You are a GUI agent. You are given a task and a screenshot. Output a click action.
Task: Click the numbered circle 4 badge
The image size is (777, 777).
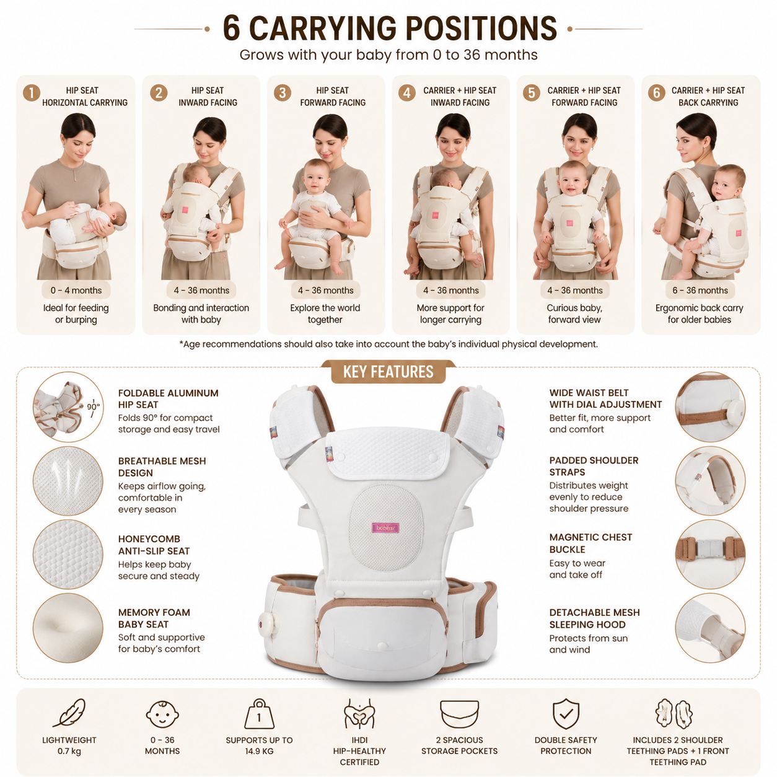pyautogui.click(x=406, y=93)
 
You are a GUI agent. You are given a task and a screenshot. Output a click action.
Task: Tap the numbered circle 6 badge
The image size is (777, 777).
pyautogui.click(x=656, y=93)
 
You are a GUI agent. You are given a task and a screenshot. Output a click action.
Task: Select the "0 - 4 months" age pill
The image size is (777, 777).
pyautogui.click(x=76, y=290)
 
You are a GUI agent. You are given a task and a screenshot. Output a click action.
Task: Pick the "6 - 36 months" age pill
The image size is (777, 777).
pyautogui.click(x=700, y=290)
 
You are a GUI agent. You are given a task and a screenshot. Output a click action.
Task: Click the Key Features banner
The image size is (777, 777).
pyautogui.click(x=388, y=371)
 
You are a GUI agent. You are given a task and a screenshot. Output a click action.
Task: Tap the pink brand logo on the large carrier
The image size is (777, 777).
pyautogui.click(x=385, y=527)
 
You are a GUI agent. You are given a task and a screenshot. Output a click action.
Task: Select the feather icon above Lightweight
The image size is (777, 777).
pyautogui.click(x=69, y=713)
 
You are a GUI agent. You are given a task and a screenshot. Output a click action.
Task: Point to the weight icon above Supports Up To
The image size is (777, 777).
pyautogui.click(x=259, y=714)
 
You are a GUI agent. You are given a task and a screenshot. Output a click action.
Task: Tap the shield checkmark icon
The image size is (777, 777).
pyautogui.click(x=566, y=714)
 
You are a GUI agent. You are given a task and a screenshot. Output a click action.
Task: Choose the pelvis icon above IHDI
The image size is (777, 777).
pyautogui.click(x=359, y=714)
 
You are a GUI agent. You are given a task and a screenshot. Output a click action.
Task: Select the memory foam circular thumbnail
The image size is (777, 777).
pyautogui.click(x=68, y=628)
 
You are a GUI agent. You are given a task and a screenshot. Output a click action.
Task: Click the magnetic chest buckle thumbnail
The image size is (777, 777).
pyautogui.click(x=710, y=554)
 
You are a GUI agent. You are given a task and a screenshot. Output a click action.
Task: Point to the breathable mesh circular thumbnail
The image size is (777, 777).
pyautogui.click(x=68, y=481)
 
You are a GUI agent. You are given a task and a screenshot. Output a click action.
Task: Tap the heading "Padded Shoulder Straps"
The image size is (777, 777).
pyautogui.click(x=594, y=466)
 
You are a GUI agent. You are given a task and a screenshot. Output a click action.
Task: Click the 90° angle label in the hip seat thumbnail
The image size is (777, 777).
pyautogui.click(x=93, y=406)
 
